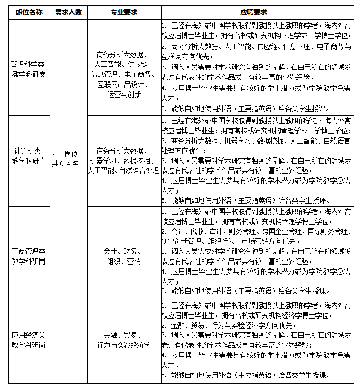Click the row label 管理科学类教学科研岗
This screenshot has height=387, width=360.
pyautogui.click(x=29, y=68)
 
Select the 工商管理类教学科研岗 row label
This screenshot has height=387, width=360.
pyautogui.click(x=29, y=256)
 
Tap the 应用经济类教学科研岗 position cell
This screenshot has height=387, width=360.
pyautogui.click(x=29, y=339)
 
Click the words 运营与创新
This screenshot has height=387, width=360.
pyautogui.click(x=124, y=94)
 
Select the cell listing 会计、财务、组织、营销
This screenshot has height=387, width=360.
pyautogui.click(x=124, y=256)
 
